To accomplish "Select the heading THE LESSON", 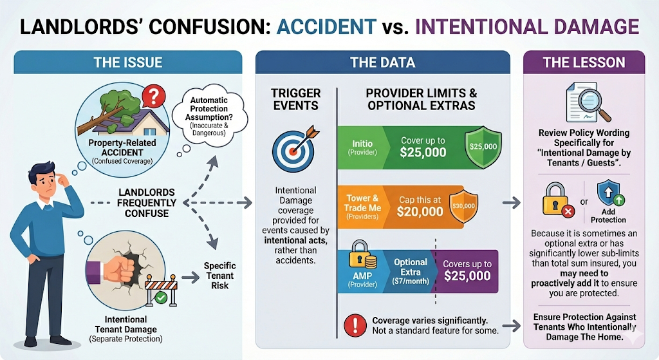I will pyautogui.click(x=584, y=62).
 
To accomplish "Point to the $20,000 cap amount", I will pyautogui.click(x=420, y=211).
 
